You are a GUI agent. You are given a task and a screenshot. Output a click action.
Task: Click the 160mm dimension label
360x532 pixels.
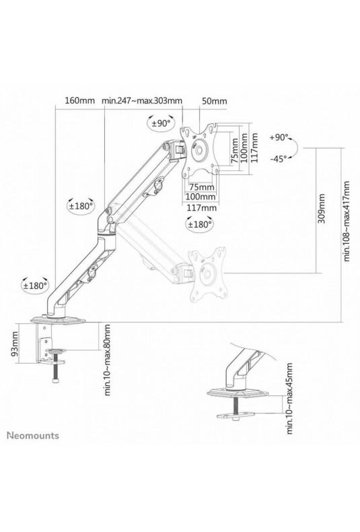(x=79, y=101)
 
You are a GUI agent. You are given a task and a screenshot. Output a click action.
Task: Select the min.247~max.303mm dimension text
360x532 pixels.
(x=142, y=101)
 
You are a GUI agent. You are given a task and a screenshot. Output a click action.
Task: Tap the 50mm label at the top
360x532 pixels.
(x=214, y=101)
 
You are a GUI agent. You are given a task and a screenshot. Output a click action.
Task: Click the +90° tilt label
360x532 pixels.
(x=279, y=137)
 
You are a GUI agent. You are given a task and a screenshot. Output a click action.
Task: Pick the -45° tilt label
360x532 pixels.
(x=279, y=158)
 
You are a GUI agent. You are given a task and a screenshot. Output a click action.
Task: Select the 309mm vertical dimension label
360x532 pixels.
(x=322, y=209)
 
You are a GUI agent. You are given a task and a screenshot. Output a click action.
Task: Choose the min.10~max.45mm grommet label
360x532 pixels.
(x=289, y=398)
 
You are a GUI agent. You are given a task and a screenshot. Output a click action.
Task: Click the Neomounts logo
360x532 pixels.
(x=33, y=436)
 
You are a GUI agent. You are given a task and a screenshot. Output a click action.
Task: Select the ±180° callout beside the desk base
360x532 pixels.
(x=35, y=286)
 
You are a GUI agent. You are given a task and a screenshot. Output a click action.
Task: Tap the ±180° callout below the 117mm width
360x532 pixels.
(x=200, y=224)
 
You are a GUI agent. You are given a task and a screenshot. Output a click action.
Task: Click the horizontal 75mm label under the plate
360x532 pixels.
(x=201, y=187)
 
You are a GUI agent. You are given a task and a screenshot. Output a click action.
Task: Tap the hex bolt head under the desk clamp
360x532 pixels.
(x=56, y=380)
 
